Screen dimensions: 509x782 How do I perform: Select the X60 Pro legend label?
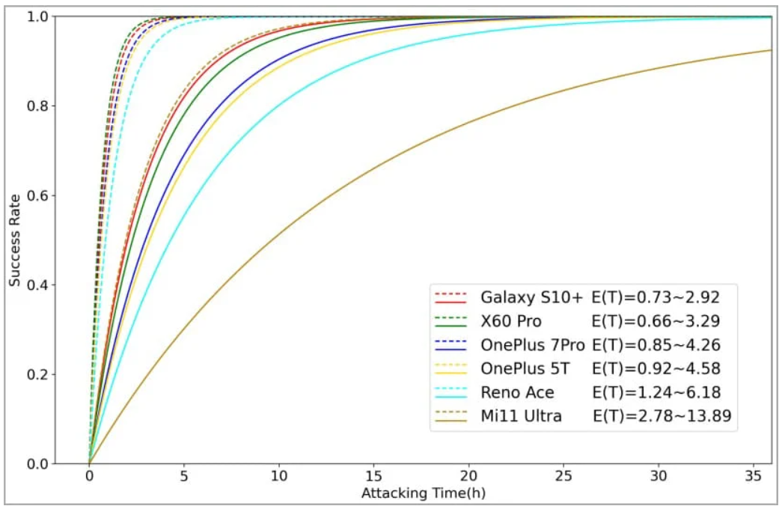pos(512,321)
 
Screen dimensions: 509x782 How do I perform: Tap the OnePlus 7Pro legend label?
pos(533,345)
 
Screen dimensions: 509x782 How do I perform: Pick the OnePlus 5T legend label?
pos(524,368)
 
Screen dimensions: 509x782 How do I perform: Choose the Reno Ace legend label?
pos(517,392)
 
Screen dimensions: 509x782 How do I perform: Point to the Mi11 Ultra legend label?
pos(521,416)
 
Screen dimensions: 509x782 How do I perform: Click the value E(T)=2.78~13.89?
pos(662,416)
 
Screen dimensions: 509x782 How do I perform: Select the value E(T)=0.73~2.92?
pos(656,297)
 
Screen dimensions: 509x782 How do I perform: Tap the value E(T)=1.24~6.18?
pos(656,392)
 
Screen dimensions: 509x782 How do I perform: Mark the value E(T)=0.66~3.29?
pos(656,321)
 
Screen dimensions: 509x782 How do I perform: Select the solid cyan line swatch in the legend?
pos(450,397)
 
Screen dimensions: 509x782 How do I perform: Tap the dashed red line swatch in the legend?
pos(450,293)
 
